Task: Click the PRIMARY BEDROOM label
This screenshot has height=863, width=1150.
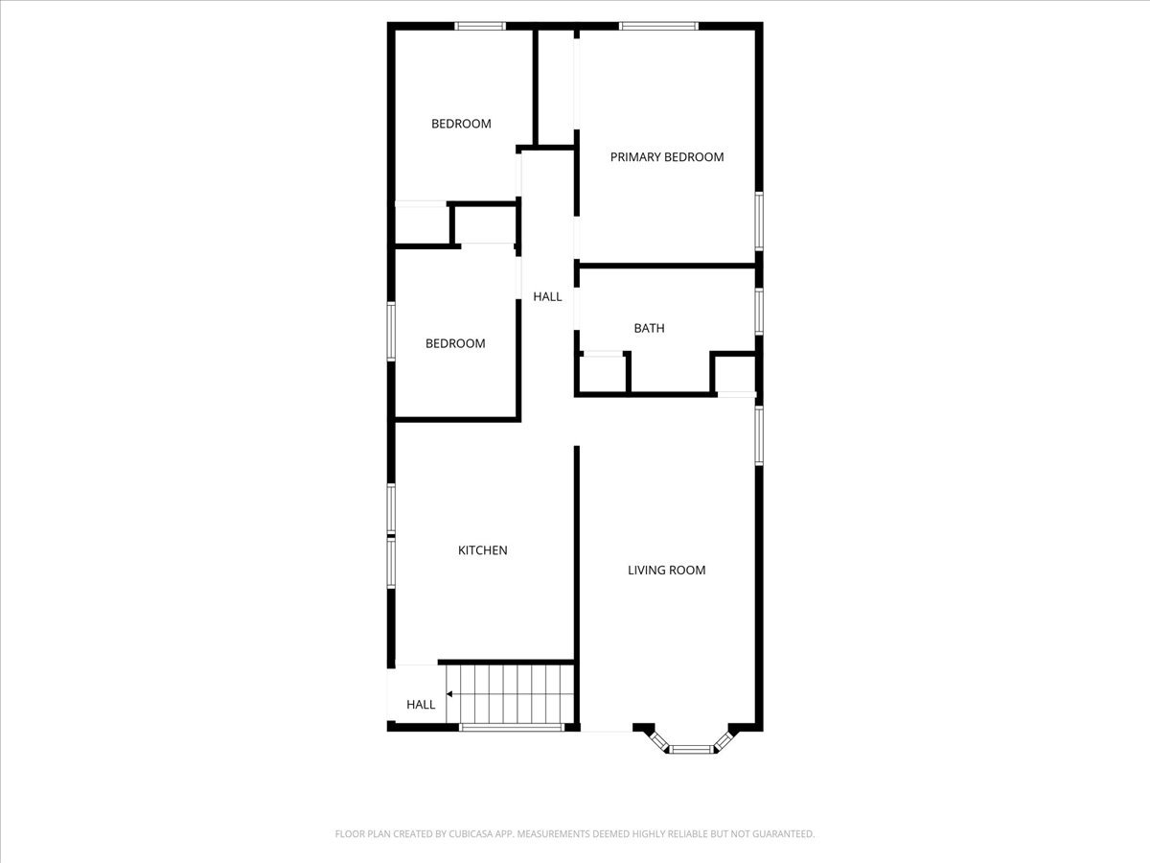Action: click(667, 157)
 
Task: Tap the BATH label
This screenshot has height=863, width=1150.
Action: click(649, 328)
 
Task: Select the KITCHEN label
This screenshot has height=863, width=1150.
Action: click(482, 550)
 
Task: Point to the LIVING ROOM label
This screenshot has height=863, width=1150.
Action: click(666, 571)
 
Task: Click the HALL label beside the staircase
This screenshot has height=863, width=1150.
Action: click(421, 705)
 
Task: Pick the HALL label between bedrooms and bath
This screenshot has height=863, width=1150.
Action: click(547, 297)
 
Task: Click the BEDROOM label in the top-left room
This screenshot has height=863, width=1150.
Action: click(461, 124)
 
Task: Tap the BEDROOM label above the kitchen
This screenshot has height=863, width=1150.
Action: click(455, 343)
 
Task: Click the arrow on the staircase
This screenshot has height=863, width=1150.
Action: click(450, 692)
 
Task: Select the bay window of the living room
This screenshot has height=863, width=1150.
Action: click(692, 748)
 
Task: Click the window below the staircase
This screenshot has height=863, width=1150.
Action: click(511, 728)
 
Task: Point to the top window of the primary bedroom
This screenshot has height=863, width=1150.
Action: click(658, 26)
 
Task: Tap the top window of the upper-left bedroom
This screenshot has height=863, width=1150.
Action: click(480, 26)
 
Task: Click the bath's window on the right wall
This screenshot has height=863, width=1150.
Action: click(759, 312)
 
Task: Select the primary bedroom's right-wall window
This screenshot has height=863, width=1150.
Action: click(759, 222)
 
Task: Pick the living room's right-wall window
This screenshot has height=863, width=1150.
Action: click(759, 436)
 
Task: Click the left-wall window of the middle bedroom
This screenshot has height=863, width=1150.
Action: click(391, 331)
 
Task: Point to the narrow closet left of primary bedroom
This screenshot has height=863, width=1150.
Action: click(554, 87)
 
